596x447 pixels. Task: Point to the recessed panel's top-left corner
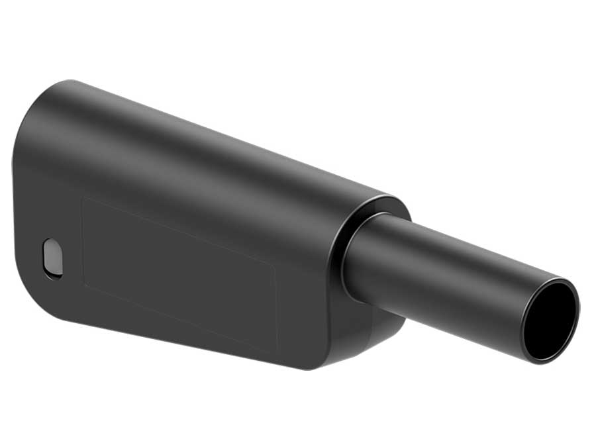click(x=82, y=197)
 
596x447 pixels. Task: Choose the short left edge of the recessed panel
click(x=82, y=242)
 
